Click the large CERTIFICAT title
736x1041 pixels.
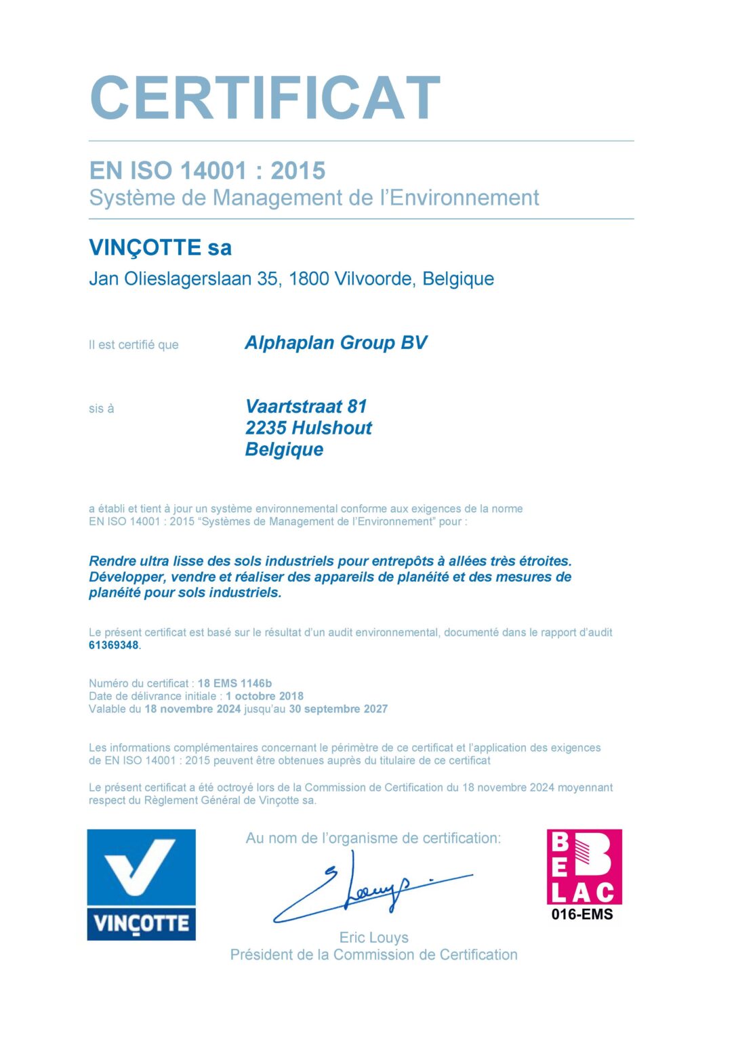pyautogui.click(x=265, y=99)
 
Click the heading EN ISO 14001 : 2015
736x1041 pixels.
pyautogui.click(x=207, y=171)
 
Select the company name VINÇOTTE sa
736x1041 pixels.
pyautogui.click(x=160, y=247)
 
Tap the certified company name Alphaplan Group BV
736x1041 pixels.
pyautogui.click(x=335, y=343)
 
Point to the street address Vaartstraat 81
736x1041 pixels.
pyautogui.click(x=306, y=407)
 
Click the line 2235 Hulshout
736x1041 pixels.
pyautogui.click(x=308, y=428)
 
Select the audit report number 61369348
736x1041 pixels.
pyautogui.click(x=113, y=645)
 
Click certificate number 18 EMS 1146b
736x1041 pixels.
pyautogui.click(x=234, y=683)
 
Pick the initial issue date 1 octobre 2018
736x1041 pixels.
pyautogui.click(x=264, y=696)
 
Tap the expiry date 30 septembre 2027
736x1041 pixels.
pyautogui.click(x=338, y=709)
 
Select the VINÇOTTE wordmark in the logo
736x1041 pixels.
pyautogui.click(x=141, y=924)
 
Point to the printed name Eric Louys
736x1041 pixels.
pyautogui.click(x=373, y=937)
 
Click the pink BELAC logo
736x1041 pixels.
pyautogui.click(x=584, y=867)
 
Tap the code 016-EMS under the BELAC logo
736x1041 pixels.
pyautogui.click(x=582, y=914)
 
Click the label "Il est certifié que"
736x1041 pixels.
pyautogui.click(x=134, y=345)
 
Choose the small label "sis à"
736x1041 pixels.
pyautogui.click(x=102, y=409)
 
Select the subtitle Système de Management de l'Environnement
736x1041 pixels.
pyautogui.click(x=314, y=198)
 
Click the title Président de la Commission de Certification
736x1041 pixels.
pyautogui.click(x=373, y=955)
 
